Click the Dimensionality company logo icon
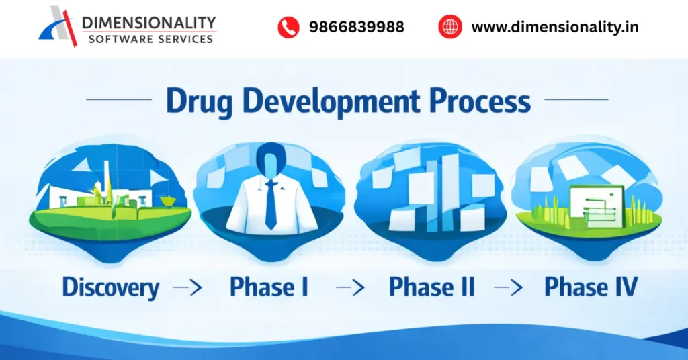click(59, 27)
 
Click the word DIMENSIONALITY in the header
click(149, 22)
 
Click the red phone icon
click(288, 27)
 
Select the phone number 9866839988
click(356, 27)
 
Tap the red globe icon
click(450, 27)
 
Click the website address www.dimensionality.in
click(554, 27)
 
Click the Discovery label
click(111, 288)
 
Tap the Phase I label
click(269, 287)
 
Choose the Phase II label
click(432, 287)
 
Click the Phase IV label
click(591, 287)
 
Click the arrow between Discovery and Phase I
click(187, 288)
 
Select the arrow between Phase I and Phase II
click(349, 288)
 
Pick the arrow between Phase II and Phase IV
click(507, 288)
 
